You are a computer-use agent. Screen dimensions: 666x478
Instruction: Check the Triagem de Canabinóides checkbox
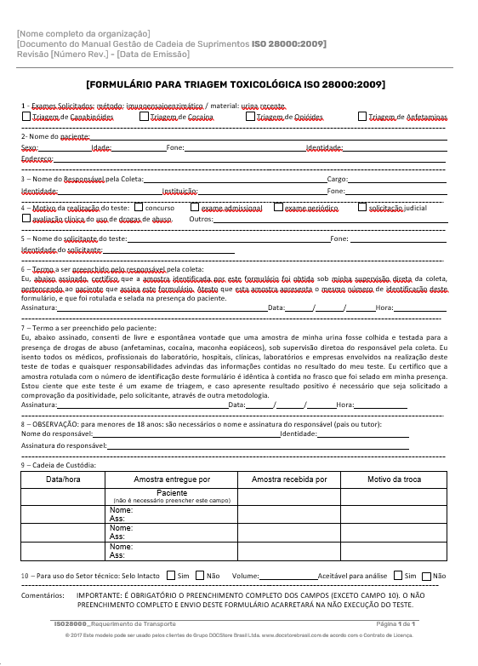26,117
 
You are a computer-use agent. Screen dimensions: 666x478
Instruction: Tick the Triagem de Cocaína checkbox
143,117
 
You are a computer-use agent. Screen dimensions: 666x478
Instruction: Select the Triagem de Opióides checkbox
249,117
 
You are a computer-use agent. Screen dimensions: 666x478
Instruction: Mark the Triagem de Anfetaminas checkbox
362,117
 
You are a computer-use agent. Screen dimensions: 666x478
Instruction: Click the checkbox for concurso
138,207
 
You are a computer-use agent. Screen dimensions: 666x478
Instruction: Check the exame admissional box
195,207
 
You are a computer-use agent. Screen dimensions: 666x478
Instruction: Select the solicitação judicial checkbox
362,207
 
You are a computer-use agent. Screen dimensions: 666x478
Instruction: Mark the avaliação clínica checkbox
26,219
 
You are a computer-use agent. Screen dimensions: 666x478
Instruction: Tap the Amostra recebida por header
289,479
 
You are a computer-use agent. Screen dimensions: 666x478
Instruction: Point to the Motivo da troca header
394,479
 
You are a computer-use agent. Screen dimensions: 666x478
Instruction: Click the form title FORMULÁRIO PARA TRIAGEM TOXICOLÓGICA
235,84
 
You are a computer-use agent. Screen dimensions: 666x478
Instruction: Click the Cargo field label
337,180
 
